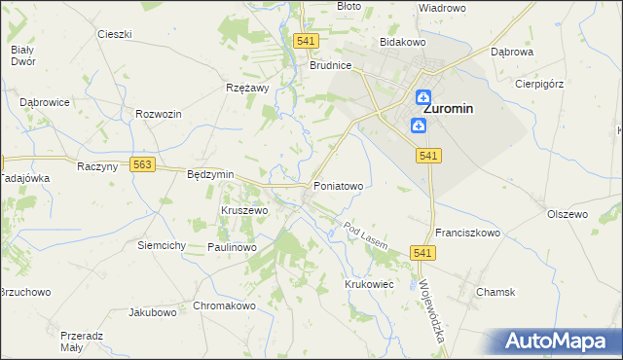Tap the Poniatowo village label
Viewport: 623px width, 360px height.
(x=338, y=185)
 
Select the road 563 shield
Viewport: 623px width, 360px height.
(x=142, y=165)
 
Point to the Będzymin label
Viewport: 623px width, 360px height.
(x=210, y=174)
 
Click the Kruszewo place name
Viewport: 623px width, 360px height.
(x=244, y=210)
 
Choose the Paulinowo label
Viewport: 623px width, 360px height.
(x=232, y=247)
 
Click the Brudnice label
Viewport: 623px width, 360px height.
(x=330, y=66)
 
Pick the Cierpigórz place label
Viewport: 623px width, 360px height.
(x=539, y=84)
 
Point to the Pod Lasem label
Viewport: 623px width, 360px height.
(x=365, y=235)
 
